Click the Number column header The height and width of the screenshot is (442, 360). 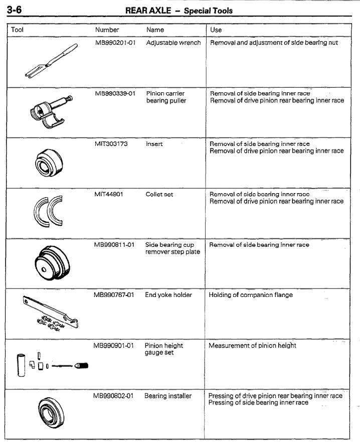pos(107,30)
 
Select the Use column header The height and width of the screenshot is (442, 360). pos(216,30)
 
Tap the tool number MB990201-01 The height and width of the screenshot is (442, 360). pos(116,43)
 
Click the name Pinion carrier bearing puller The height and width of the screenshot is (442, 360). pos(166,97)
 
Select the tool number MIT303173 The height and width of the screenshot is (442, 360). pos(111,144)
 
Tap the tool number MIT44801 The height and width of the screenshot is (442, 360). pos(109,195)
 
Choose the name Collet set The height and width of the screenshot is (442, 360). pos(159,195)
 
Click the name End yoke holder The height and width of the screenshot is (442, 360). pos(168,295)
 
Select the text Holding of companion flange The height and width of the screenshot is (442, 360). pos(251,295)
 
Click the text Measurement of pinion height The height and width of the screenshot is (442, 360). pos(252,346)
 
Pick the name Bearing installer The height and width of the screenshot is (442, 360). pos(168,396)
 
